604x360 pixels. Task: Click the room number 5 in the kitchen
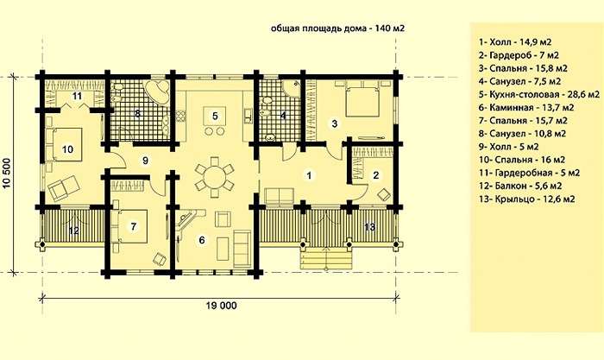215,115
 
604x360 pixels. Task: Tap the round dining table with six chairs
214,176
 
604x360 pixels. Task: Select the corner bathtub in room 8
157,92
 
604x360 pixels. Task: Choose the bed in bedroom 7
129,226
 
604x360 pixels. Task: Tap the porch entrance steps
327,258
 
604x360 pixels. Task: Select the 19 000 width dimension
222,306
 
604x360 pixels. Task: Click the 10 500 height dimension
7,173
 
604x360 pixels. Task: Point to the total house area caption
338,28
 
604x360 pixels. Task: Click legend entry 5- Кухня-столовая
539,94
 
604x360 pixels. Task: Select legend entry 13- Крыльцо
527,199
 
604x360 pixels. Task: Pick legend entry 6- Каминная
526,108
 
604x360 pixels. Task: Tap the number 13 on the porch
369,227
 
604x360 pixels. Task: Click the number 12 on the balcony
74,231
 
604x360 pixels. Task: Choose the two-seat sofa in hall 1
280,195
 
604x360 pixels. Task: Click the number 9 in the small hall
145,161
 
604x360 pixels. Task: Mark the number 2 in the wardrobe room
376,175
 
